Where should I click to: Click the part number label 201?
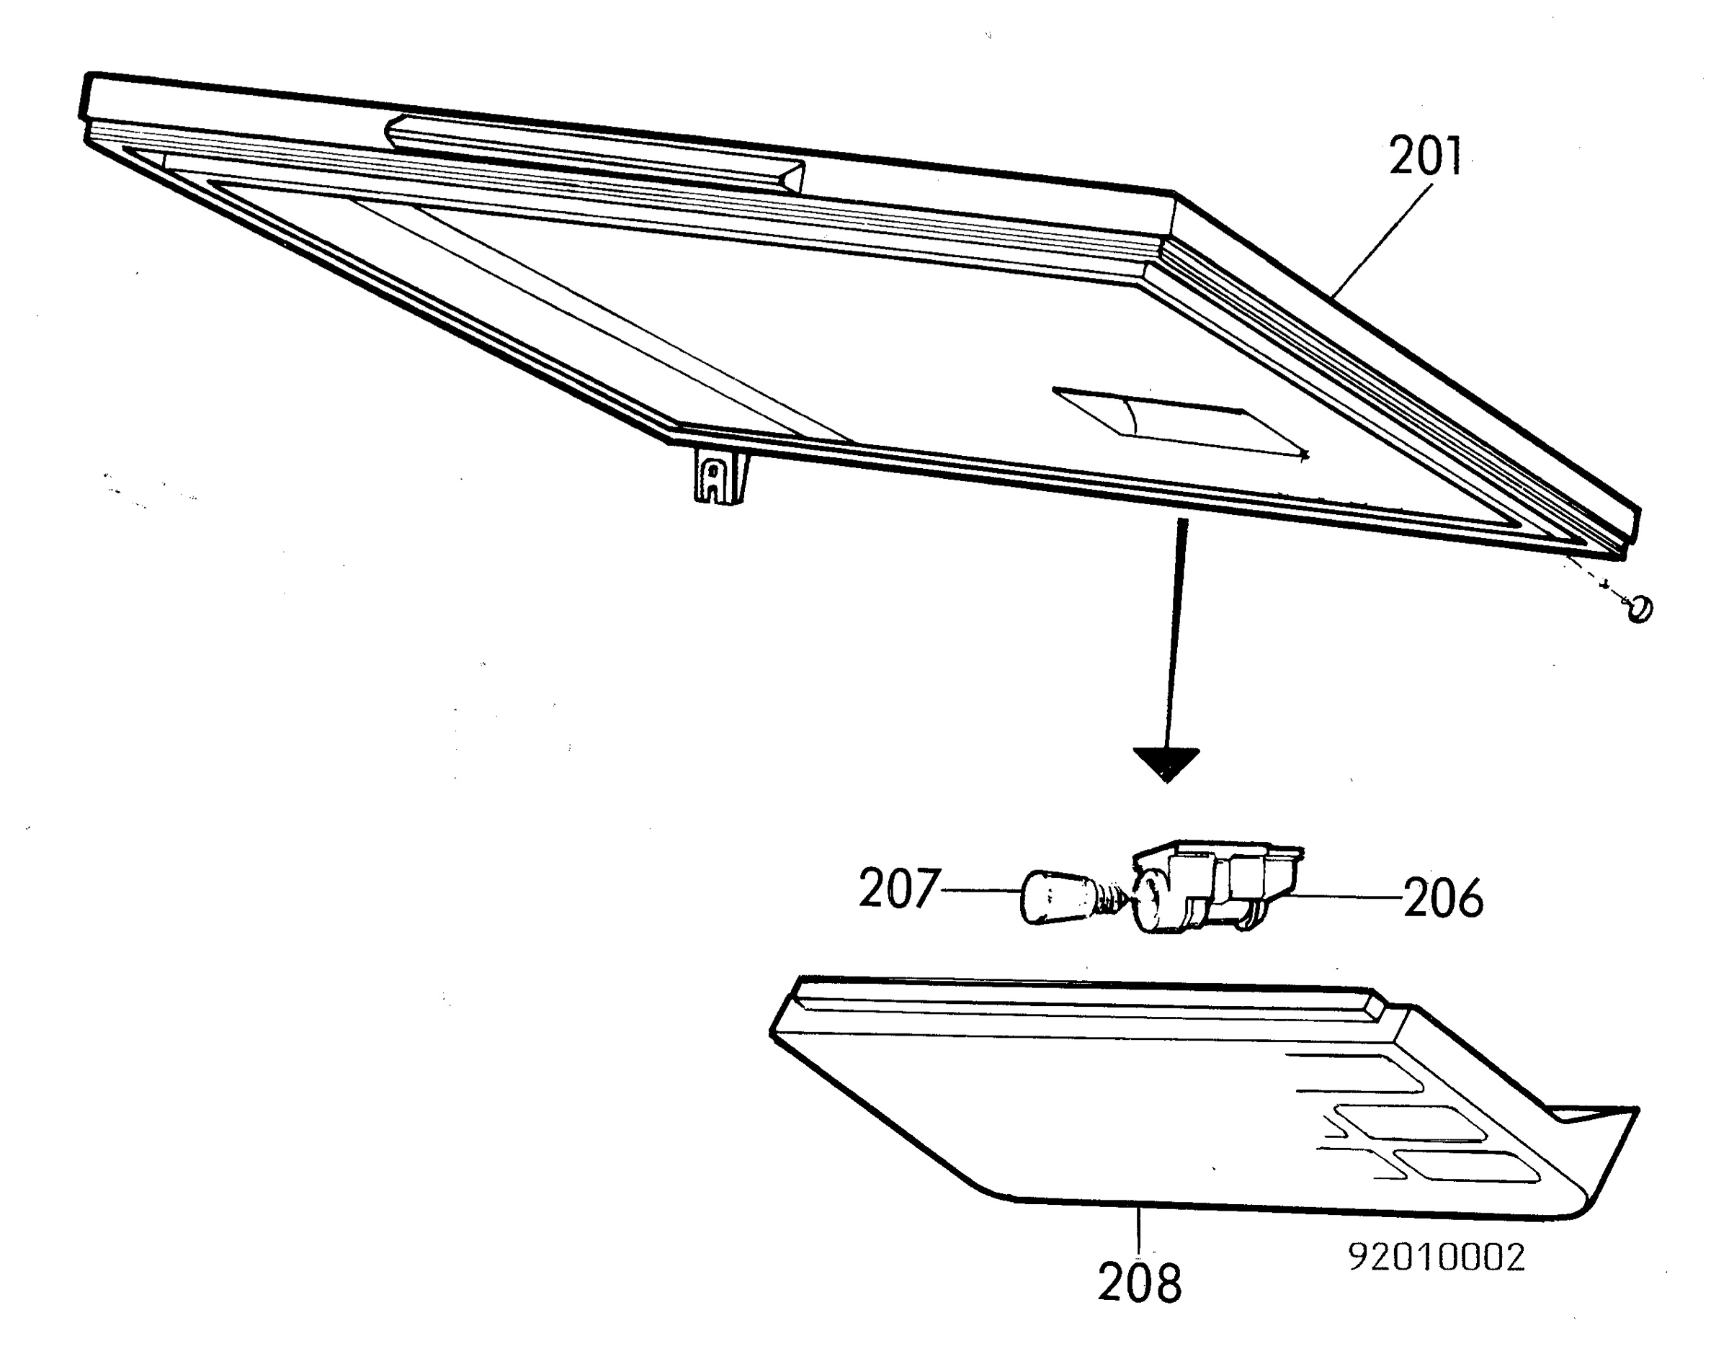coord(1426,157)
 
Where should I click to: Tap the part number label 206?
coord(1443,898)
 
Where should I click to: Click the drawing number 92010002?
coord(1436,1257)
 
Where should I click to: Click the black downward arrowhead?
coord(1166,764)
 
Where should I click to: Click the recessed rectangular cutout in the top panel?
coord(1179,421)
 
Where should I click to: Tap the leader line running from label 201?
coord(1382,241)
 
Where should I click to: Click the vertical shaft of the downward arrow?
coord(1174,633)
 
